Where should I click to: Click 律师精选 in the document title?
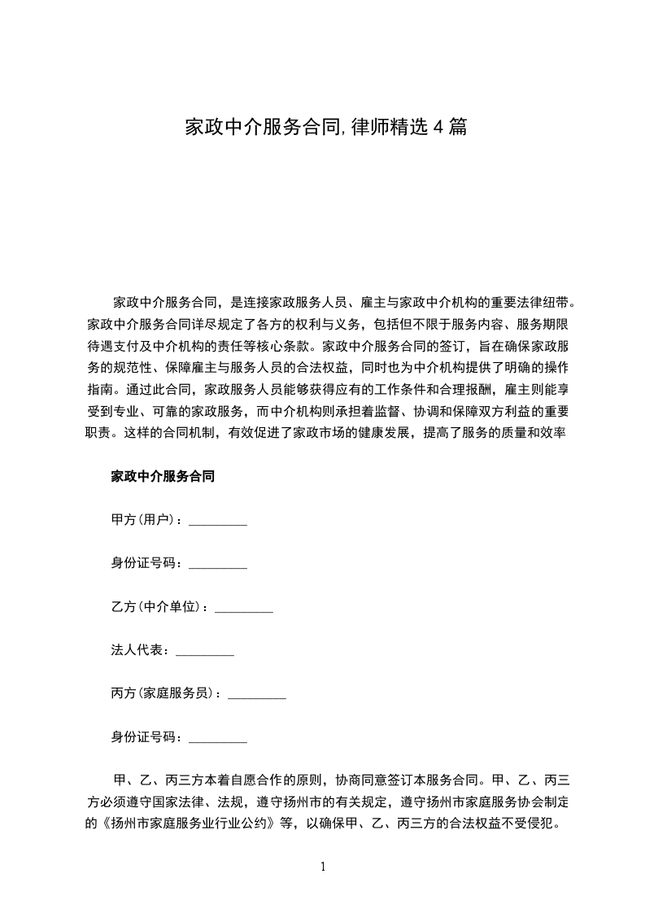click(x=388, y=127)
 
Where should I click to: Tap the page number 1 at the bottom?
click(x=323, y=867)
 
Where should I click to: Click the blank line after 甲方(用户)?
click(x=218, y=522)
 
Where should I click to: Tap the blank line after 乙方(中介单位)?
click(x=244, y=609)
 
